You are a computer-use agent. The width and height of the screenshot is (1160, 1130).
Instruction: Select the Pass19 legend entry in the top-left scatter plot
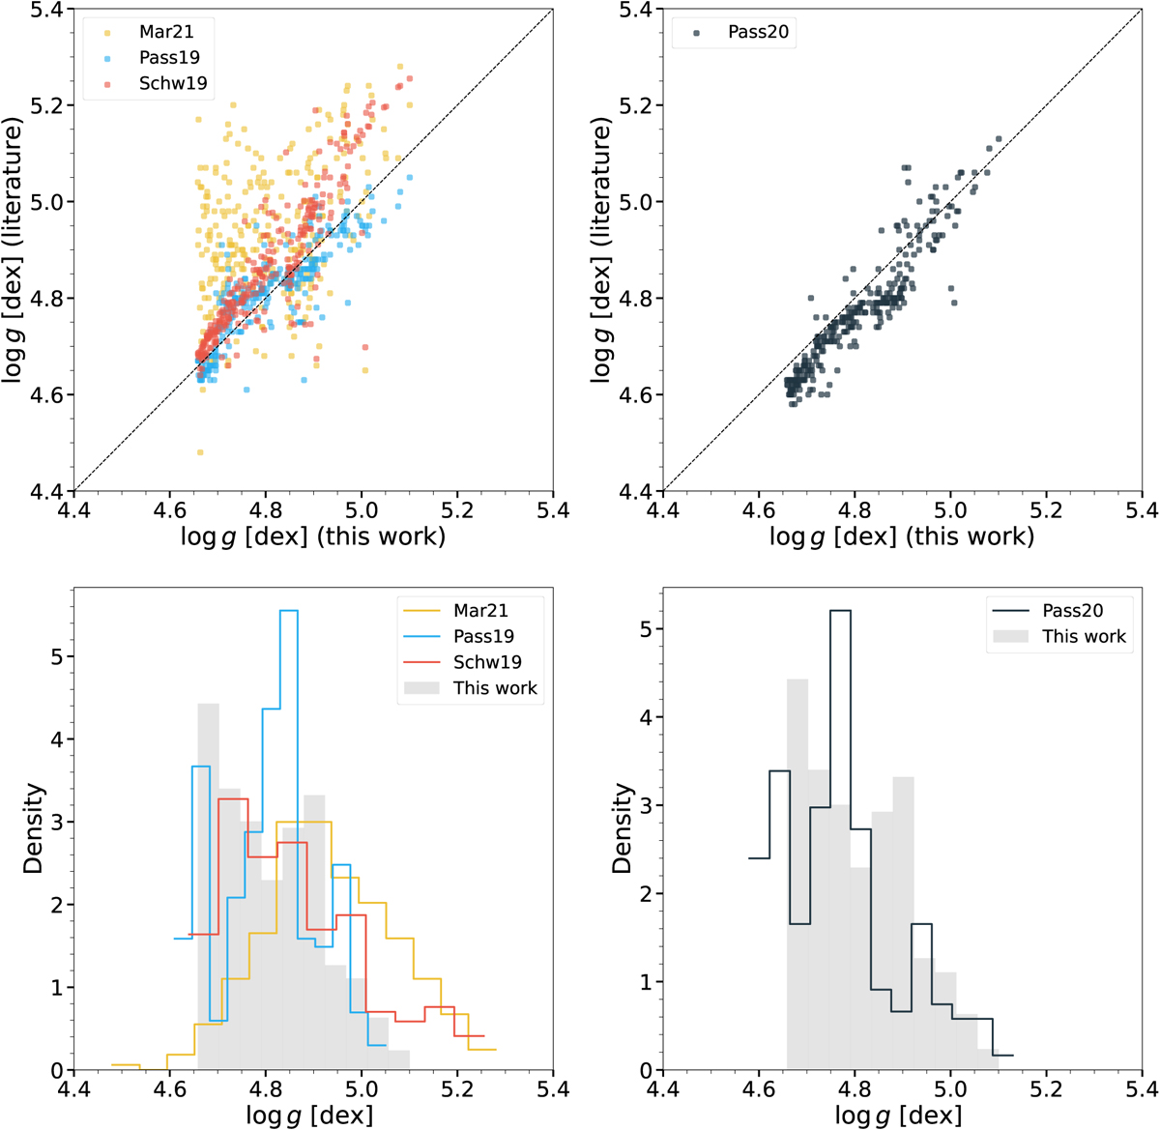click(x=169, y=57)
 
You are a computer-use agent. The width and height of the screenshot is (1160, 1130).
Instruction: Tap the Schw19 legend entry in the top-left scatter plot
click(x=173, y=83)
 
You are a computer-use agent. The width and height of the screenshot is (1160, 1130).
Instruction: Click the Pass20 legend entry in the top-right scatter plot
click(x=758, y=32)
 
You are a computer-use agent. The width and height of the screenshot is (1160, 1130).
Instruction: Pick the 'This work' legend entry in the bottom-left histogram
click(x=494, y=688)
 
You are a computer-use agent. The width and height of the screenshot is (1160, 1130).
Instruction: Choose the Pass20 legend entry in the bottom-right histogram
click(x=1072, y=610)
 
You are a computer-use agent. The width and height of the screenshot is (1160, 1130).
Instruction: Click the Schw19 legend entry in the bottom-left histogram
click(x=487, y=662)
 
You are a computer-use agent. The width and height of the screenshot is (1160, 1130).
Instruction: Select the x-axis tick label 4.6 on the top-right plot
click(x=758, y=509)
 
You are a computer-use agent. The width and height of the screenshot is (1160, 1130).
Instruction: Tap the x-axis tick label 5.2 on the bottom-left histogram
click(x=457, y=1088)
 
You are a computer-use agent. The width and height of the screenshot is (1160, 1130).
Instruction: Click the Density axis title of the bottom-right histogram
click(x=623, y=828)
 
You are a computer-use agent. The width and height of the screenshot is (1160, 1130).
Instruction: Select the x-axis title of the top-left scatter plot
click(x=312, y=536)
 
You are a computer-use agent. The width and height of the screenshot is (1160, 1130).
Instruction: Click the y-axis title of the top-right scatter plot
click(x=602, y=249)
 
